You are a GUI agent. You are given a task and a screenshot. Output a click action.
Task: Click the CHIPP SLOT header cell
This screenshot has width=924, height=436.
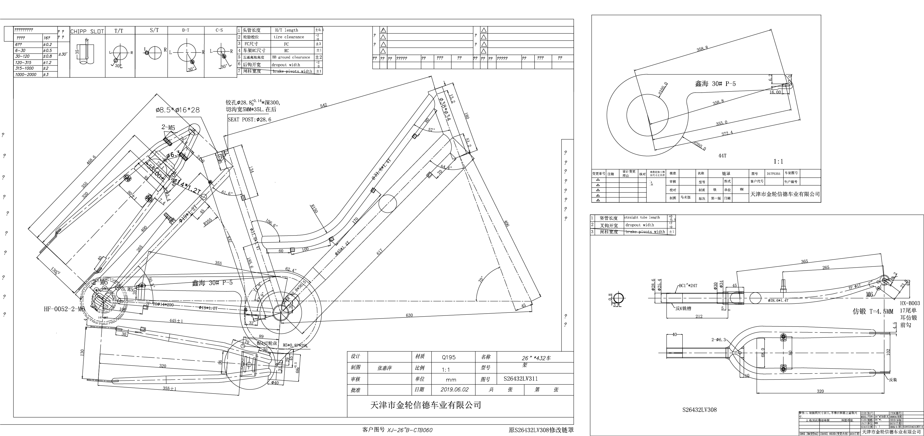pos(87,31)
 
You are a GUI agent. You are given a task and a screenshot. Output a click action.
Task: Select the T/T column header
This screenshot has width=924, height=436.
pos(119,31)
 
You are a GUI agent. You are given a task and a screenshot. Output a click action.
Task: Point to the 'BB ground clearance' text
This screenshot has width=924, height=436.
pos(291,57)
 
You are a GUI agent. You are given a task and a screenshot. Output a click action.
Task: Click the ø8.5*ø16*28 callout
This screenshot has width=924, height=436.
pos(178,110)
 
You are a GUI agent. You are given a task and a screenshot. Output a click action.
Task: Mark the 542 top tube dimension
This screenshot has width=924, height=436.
pos(324,105)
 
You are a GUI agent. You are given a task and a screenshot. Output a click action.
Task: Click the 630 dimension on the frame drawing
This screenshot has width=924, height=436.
pos(409,315)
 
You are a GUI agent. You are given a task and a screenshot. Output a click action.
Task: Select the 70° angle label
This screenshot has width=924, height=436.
pos(481,279)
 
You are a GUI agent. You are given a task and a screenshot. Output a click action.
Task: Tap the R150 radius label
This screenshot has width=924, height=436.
pos(314,209)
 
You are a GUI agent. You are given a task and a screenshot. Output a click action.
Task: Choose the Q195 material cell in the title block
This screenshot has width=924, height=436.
pos(449,357)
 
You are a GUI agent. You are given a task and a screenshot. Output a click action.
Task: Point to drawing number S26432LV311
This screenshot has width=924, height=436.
pos(520,379)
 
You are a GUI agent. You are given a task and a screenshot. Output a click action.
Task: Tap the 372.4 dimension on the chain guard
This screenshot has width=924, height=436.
pos(727,133)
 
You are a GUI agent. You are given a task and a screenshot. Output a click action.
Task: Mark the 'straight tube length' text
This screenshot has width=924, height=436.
pos(642,217)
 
